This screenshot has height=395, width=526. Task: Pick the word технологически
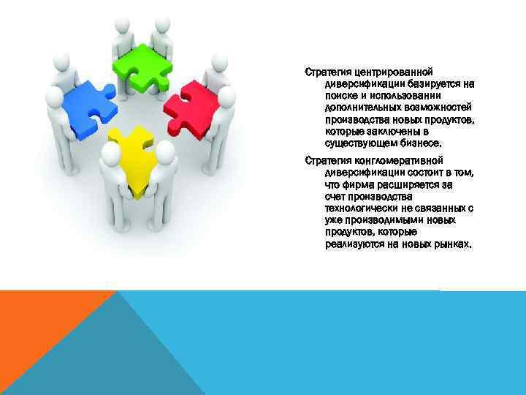[362, 208]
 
